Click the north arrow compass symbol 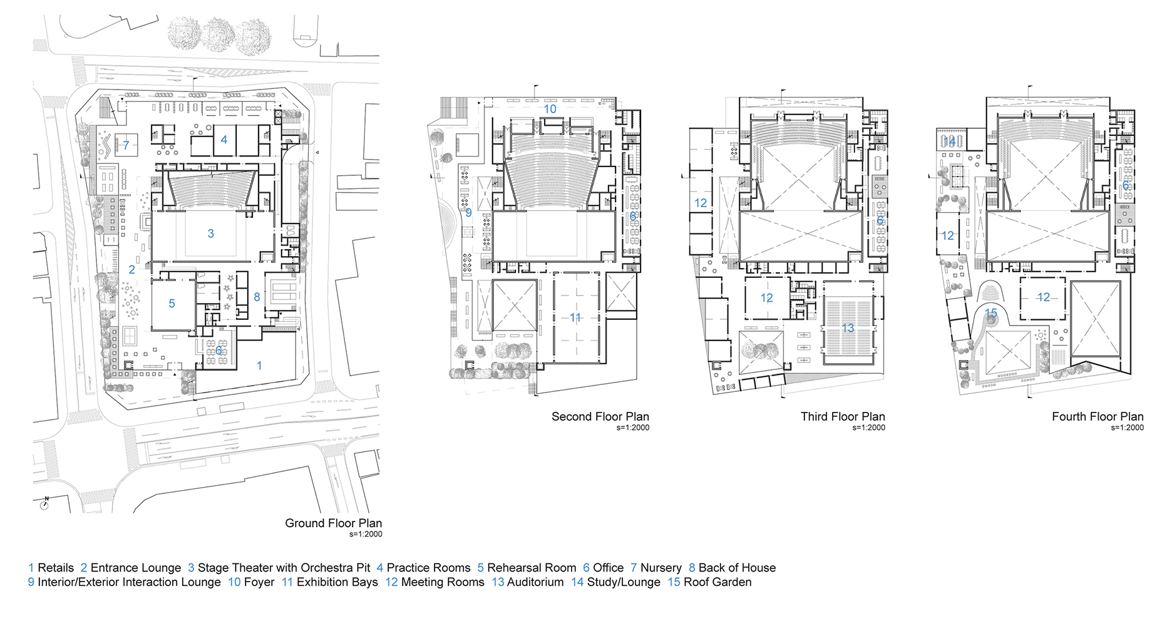click(44, 504)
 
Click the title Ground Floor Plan click(333, 523)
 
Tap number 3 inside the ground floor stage click(211, 233)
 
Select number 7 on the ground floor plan click(126, 145)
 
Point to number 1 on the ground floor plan click(259, 366)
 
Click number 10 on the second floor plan click(550, 109)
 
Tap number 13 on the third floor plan click(848, 328)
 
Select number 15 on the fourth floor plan click(990, 313)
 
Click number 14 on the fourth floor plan click(950, 141)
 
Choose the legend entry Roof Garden click(717, 582)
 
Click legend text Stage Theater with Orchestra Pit click(284, 568)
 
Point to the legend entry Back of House click(737, 568)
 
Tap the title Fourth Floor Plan click(1097, 417)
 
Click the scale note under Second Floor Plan click(633, 428)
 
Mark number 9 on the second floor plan click(468, 213)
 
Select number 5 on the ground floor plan click(172, 304)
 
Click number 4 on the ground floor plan click(224, 140)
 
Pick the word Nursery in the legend click(661, 568)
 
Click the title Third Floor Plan click(843, 417)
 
